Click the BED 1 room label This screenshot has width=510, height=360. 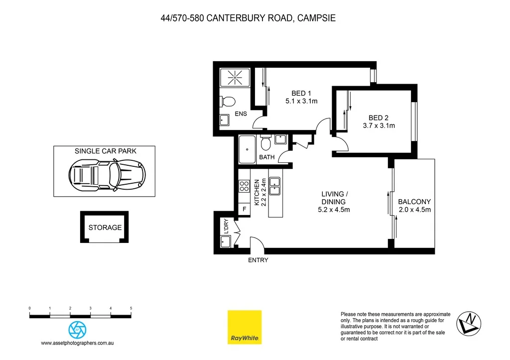tap(301, 93)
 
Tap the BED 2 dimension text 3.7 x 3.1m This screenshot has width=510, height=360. tap(379, 125)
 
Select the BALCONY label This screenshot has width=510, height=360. tap(414, 202)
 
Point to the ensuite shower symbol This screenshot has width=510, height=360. tap(234, 78)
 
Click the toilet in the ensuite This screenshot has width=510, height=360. tap(228, 102)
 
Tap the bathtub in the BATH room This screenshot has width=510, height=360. tap(247, 149)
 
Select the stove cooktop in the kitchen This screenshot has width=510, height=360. tap(244, 186)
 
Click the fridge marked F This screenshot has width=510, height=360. tap(244, 209)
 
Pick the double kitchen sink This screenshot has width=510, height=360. tap(275, 186)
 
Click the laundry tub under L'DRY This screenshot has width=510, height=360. tap(225, 241)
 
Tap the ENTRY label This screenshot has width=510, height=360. tap(258, 260)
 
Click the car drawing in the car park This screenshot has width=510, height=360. tap(107, 175)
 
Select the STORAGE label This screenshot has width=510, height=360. tap(105, 228)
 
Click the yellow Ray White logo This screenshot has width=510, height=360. tap(245, 327)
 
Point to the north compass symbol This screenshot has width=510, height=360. tap(469, 324)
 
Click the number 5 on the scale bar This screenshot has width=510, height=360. tap(131, 308)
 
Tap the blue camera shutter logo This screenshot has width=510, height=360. tap(77, 330)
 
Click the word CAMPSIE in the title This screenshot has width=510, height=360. tap(316, 18)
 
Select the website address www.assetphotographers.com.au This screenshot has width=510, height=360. tap(77, 343)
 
